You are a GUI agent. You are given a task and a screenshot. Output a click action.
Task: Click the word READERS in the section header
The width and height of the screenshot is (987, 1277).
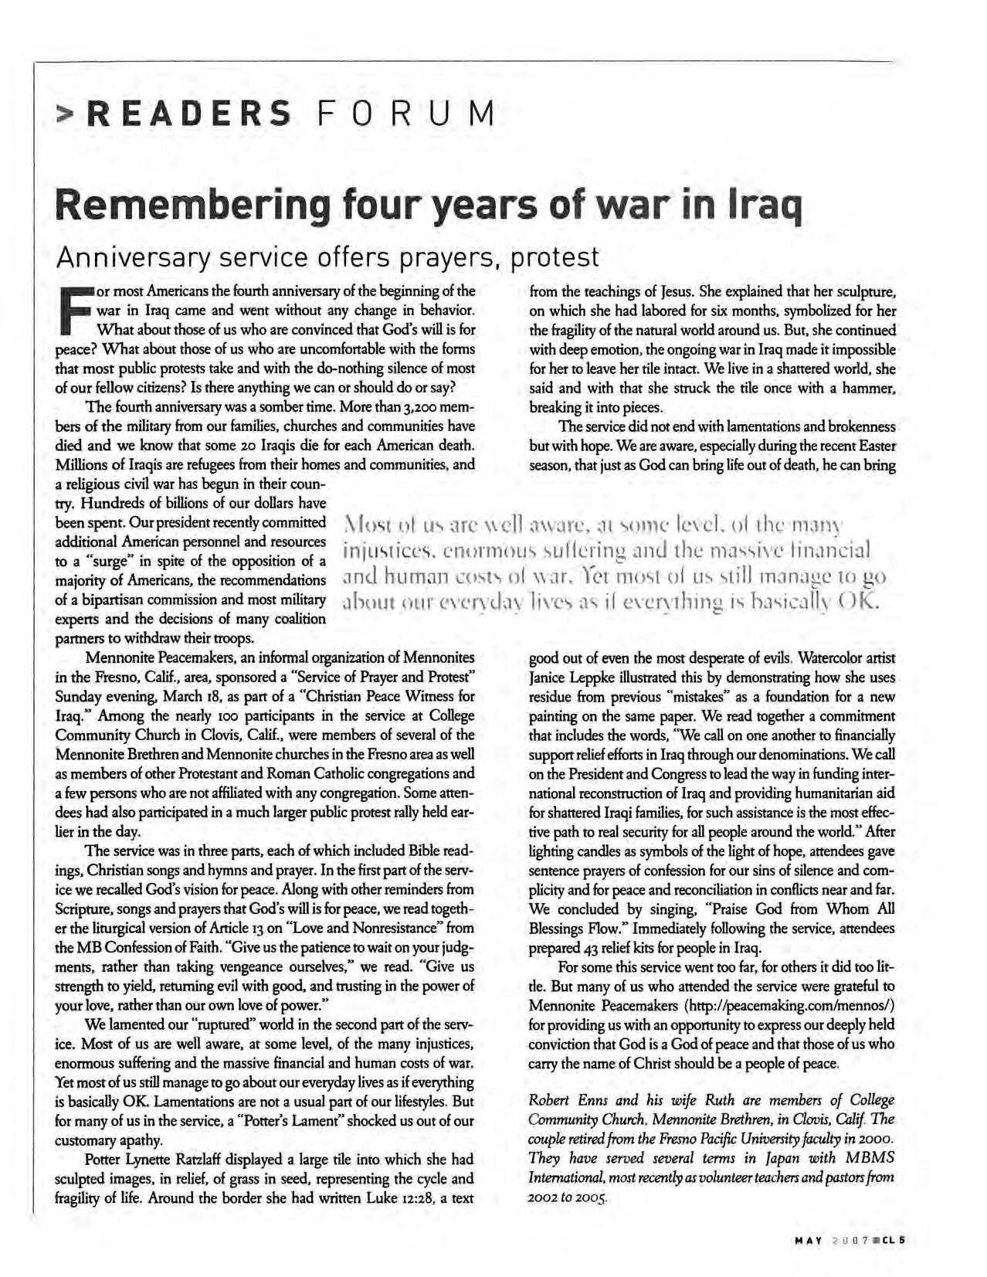coord(188,114)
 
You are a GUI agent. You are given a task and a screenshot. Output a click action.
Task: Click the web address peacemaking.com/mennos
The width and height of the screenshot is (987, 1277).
coord(790,1006)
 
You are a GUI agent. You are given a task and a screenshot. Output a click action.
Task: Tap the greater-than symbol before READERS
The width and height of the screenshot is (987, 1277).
coord(66,116)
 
